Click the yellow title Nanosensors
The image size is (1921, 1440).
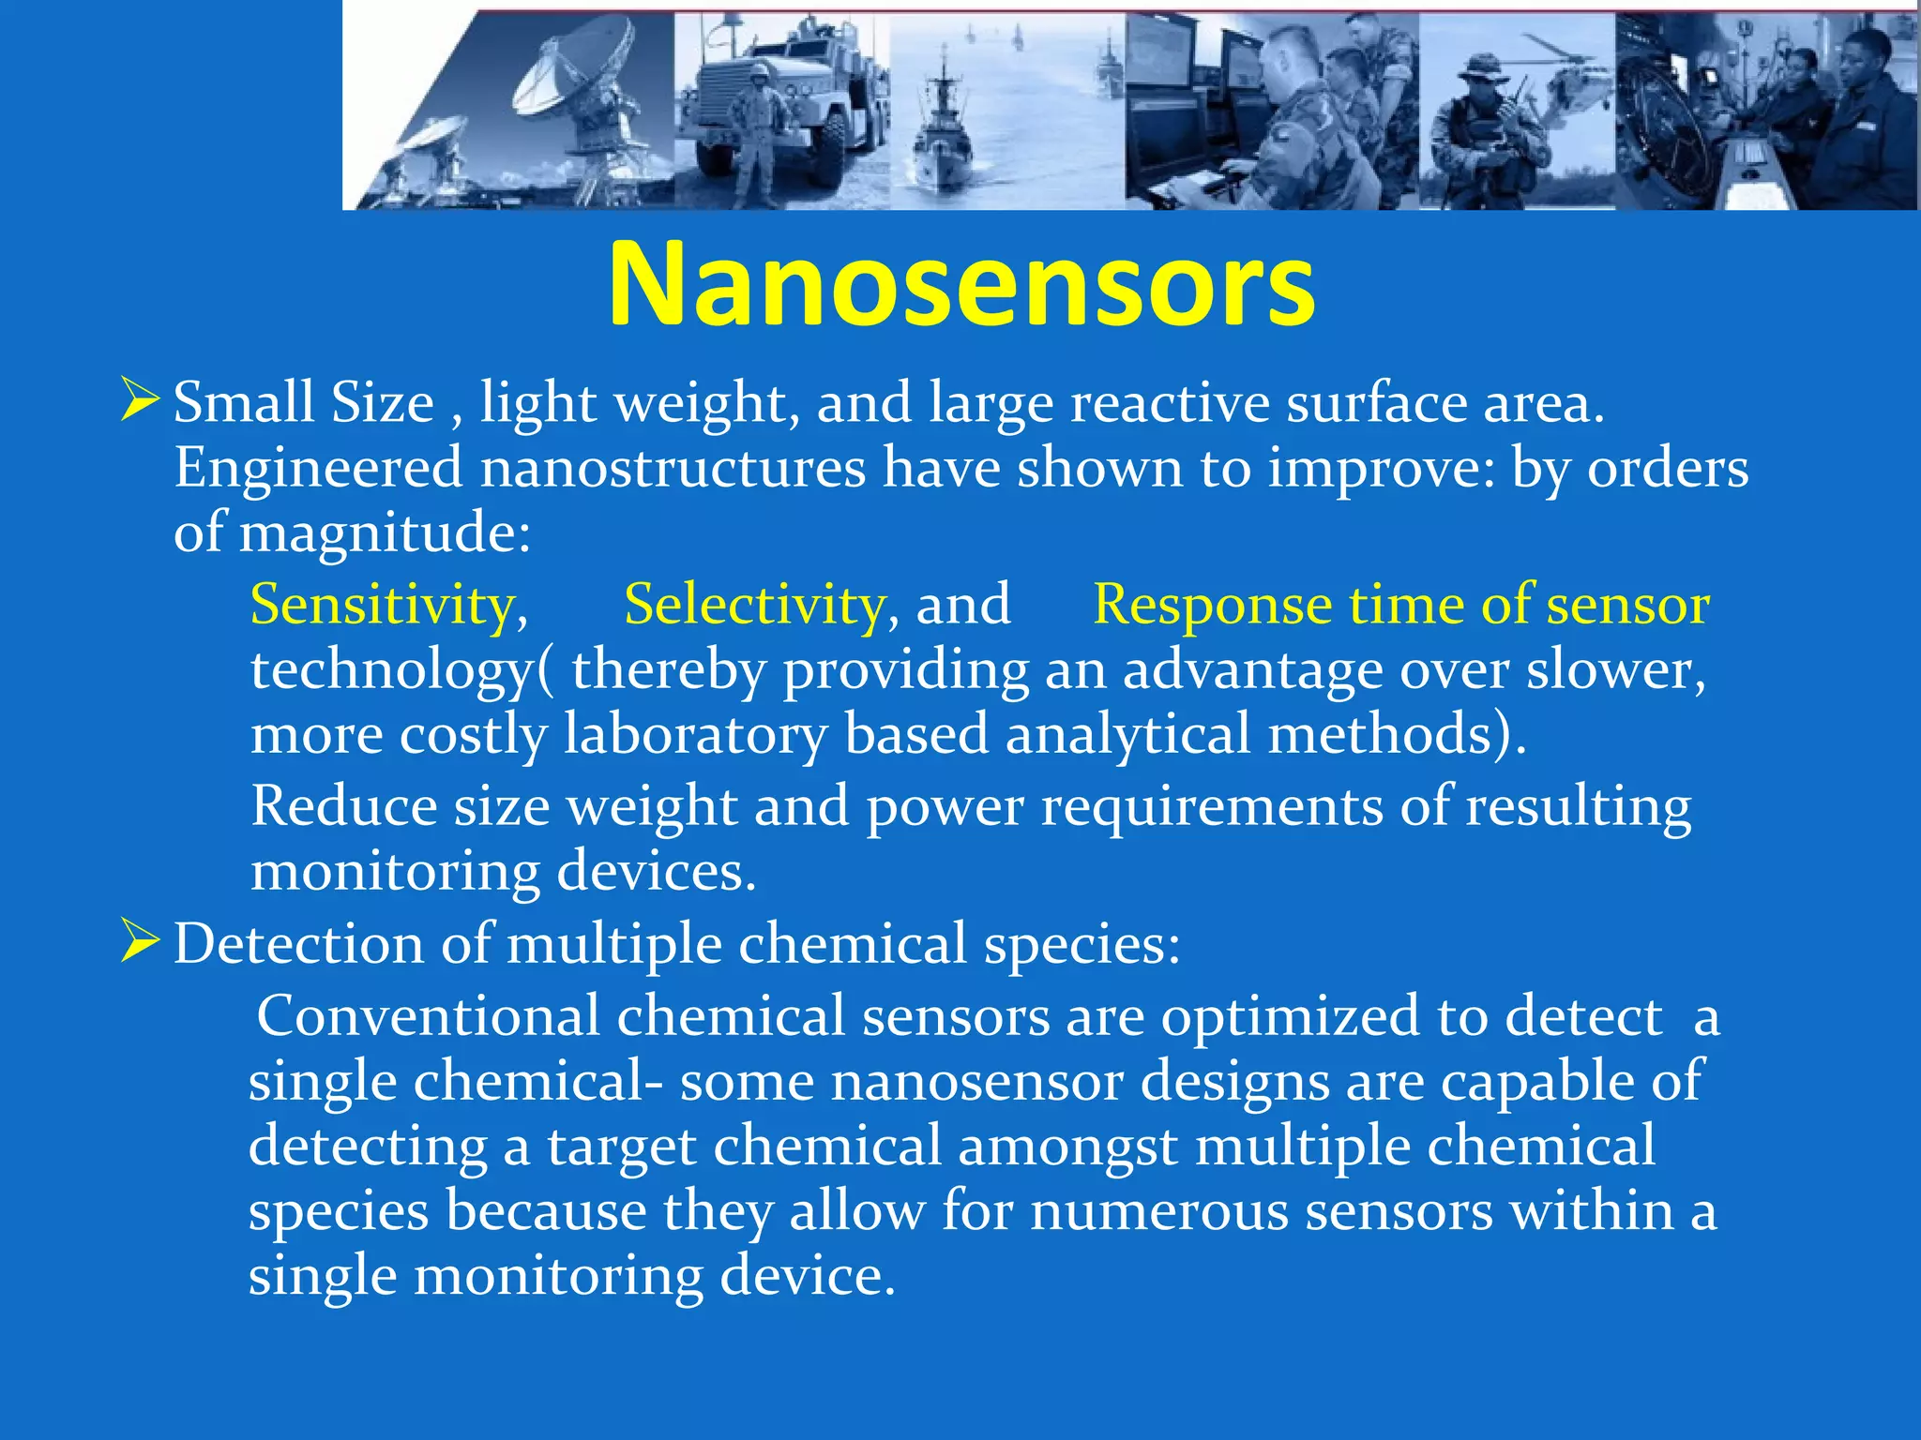960,284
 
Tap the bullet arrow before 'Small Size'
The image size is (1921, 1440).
140,400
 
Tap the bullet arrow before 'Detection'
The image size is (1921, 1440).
140,941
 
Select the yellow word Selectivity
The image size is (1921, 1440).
754,605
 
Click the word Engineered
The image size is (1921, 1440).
319,469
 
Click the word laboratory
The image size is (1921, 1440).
694,734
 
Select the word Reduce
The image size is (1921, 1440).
343,806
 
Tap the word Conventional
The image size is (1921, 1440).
428,1016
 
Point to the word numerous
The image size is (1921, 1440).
1159,1211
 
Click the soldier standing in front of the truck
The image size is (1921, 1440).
756,136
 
